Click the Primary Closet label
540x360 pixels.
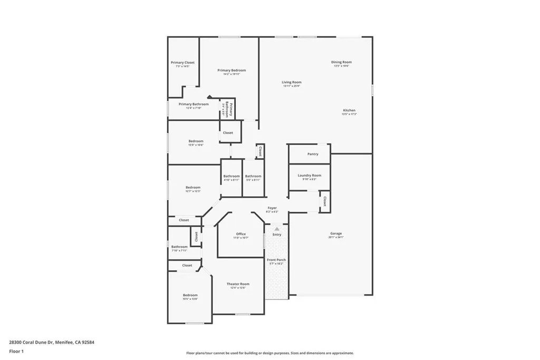tap(182, 63)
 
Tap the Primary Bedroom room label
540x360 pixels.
tap(232, 71)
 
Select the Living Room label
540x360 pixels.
tap(291, 82)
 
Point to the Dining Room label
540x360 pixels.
tap(341, 62)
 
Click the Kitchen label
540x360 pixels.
tap(349, 111)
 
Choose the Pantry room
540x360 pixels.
tap(313, 154)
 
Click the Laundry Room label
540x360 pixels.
tap(309, 176)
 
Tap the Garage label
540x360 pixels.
tap(336, 233)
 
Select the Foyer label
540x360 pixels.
tap(272, 208)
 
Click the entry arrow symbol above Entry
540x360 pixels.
tap(277, 228)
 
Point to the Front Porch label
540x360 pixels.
tap(276, 260)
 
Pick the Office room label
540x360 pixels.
tap(241, 234)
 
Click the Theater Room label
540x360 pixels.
tap(238, 284)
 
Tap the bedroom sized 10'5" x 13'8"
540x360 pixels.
tap(190, 297)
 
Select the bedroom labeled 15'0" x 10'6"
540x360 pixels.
tap(196, 143)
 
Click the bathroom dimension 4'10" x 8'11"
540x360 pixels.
tap(232, 180)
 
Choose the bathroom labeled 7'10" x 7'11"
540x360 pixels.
tap(179, 249)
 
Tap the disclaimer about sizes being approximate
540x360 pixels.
tap(269, 353)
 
